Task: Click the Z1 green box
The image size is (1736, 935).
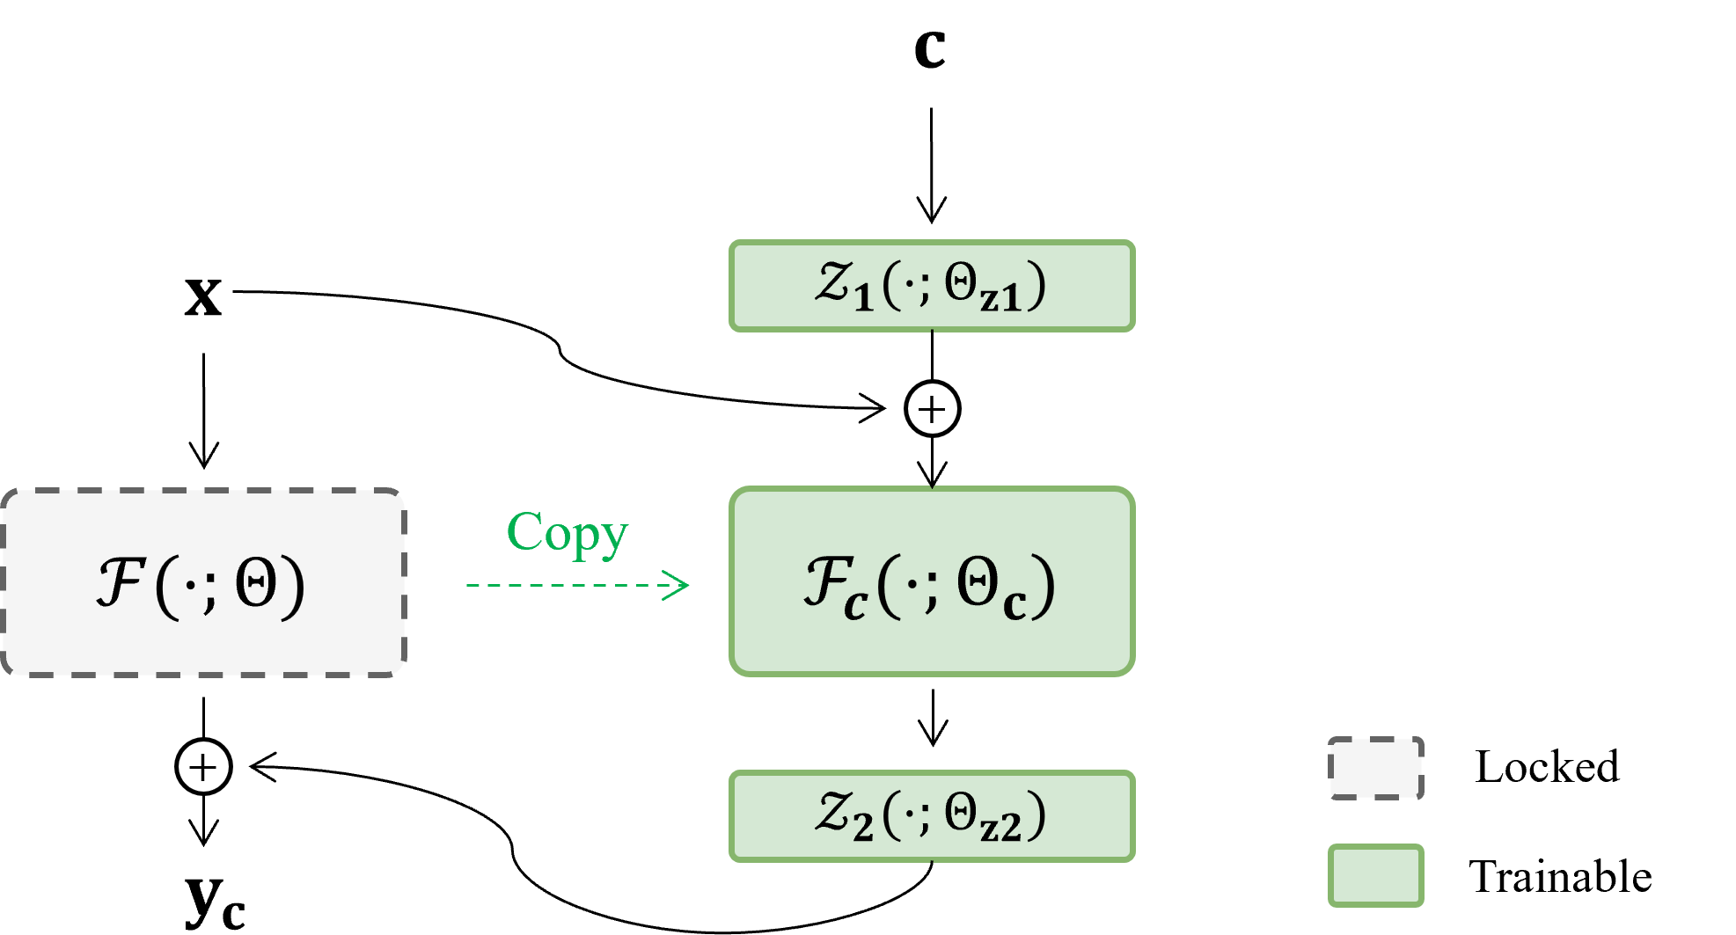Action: [x=932, y=286]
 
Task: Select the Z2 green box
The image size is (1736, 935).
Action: [x=932, y=815]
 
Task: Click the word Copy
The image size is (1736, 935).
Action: [x=568, y=533]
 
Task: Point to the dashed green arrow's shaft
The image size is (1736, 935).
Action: [x=563, y=585]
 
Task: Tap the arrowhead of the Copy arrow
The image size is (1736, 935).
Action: [x=678, y=585]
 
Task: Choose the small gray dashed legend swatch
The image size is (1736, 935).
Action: [x=1375, y=768]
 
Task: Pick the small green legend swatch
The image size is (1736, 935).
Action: [x=1375, y=875]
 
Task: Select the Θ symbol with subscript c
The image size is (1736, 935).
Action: [x=978, y=581]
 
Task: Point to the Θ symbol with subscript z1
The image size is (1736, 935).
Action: [x=961, y=282]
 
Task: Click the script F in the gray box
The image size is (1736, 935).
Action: [x=121, y=581]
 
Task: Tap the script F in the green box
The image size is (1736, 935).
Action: [x=827, y=581]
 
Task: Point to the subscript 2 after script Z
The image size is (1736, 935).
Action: [x=863, y=827]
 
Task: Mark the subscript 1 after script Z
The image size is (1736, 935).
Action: [x=863, y=297]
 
